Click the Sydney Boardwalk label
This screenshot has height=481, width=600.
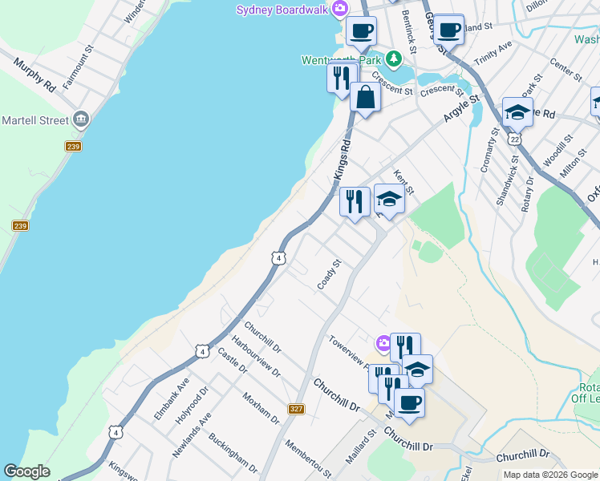pos(283,9)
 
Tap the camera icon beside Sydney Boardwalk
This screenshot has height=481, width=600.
pos(341,8)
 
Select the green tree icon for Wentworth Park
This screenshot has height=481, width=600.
pos(393,59)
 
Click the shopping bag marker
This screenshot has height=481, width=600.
pos(365,98)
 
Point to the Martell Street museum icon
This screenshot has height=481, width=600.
pos(80,120)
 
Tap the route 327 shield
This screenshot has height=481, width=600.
pos(297,408)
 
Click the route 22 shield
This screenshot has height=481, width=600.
pos(515,139)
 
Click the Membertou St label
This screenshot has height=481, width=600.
pos(307,458)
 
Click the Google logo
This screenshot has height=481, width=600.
pos(26,471)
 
